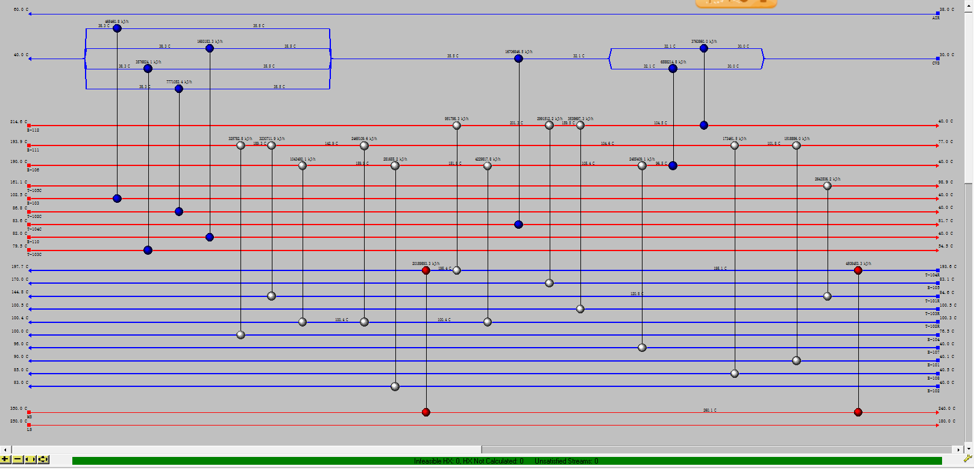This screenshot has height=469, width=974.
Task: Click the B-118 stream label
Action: (x=33, y=130)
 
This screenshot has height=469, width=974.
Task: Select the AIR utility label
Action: (x=935, y=18)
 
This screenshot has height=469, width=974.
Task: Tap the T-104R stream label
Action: (x=932, y=275)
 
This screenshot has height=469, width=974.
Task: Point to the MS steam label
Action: (x=30, y=417)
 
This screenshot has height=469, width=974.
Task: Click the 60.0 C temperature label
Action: (x=20, y=10)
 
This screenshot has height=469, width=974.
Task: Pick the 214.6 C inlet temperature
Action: (x=18, y=122)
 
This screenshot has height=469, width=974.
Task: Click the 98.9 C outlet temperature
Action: (x=946, y=182)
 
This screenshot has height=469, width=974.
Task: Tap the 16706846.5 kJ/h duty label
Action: (x=518, y=52)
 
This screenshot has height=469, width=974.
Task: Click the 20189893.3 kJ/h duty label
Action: (x=426, y=264)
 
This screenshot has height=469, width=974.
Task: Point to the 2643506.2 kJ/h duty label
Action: (x=827, y=179)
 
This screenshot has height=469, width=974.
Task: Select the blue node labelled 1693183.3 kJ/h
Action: (x=210, y=48)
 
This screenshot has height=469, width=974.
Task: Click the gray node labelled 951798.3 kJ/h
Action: (x=457, y=126)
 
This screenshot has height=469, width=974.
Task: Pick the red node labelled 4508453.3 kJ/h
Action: (x=858, y=270)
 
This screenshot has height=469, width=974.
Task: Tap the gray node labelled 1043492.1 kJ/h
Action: (x=303, y=166)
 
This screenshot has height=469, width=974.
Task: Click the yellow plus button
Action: (x=5, y=460)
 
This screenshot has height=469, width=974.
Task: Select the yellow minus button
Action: (x=18, y=460)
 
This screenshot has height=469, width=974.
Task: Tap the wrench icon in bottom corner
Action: (x=967, y=460)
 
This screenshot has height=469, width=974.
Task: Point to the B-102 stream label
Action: (x=933, y=391)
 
